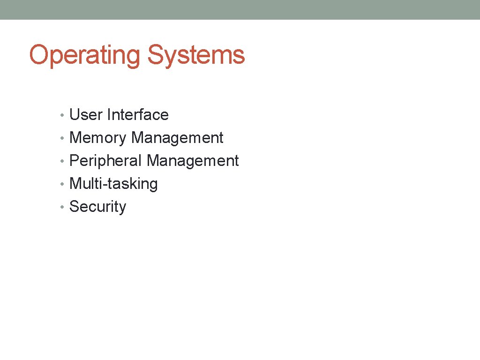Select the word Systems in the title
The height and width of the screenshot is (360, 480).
(x=196, y=55)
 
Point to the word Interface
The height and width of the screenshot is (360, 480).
(x=138, y=115)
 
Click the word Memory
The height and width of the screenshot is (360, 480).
(x=98, y=138)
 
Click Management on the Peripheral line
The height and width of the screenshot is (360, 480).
(x=193, y=161)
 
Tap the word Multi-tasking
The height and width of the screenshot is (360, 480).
(x=113, y=184)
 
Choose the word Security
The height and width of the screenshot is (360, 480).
(x=97, y=207)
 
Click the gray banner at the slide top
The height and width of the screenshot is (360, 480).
(x=240, y=9)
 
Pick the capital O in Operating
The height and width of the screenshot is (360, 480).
(x=38, y=55)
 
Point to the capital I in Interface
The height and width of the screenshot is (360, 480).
(x=109, y=115)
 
